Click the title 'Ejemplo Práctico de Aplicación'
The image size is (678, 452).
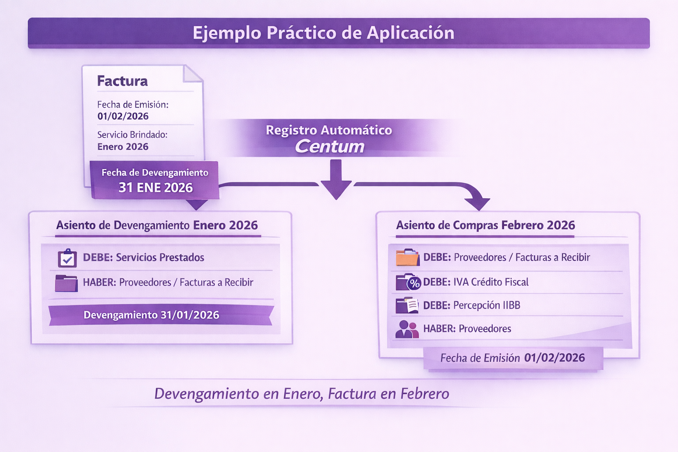coord(324,33)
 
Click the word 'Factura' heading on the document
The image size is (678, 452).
coord(122,81)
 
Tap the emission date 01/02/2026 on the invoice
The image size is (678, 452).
coord(123,116)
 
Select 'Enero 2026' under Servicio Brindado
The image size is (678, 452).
coord(123,147)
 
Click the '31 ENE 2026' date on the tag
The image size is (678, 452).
coord(155,188)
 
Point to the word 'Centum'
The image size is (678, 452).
coord(330,147)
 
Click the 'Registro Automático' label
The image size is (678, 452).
coord(329,130)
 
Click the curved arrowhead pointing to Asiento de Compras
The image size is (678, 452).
coord(477,203)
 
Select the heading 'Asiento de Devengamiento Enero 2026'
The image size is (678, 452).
coord(157,225)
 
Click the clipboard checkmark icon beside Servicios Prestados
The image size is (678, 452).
coord(68,258)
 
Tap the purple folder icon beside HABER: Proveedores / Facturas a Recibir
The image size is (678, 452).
coord(66,283)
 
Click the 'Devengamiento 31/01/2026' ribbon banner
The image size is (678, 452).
coord(151,315)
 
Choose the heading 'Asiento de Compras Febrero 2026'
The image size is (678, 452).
coord(486,225)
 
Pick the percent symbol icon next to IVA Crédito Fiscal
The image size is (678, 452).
coord(414,283)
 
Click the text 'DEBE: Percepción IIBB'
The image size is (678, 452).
coord(471,305)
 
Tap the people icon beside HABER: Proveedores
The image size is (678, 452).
coord(407,329)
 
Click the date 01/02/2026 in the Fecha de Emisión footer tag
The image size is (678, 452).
coord(554,358)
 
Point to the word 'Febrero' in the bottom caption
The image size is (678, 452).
coord(425,393)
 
